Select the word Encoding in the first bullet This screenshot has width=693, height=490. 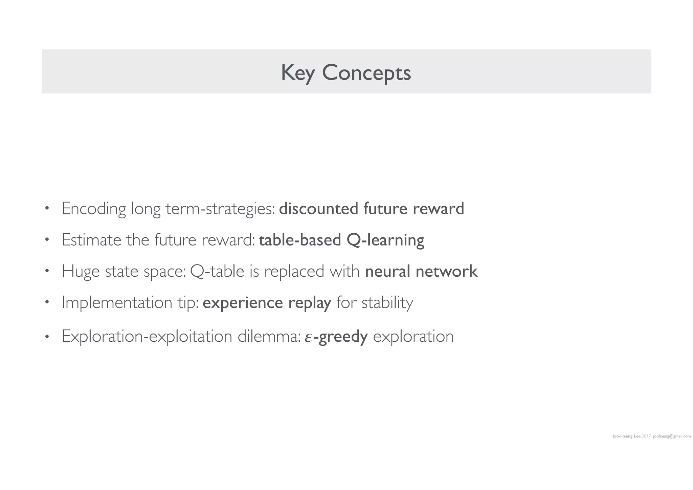(94, 209)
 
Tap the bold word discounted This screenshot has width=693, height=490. (318, 208)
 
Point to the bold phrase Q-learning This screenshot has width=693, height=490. (385, 240)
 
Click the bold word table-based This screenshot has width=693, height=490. (300, 240)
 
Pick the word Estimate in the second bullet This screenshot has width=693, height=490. (91, 240)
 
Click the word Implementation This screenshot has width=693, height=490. (117, 302)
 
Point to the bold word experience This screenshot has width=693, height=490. (243, 303)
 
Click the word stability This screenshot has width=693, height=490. (387, 302)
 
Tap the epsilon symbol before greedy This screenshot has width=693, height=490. (308, 337)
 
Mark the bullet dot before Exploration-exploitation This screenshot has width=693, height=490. (47, 337)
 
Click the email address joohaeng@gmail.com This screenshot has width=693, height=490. (672, 436)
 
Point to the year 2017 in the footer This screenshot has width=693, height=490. (646, 436)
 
